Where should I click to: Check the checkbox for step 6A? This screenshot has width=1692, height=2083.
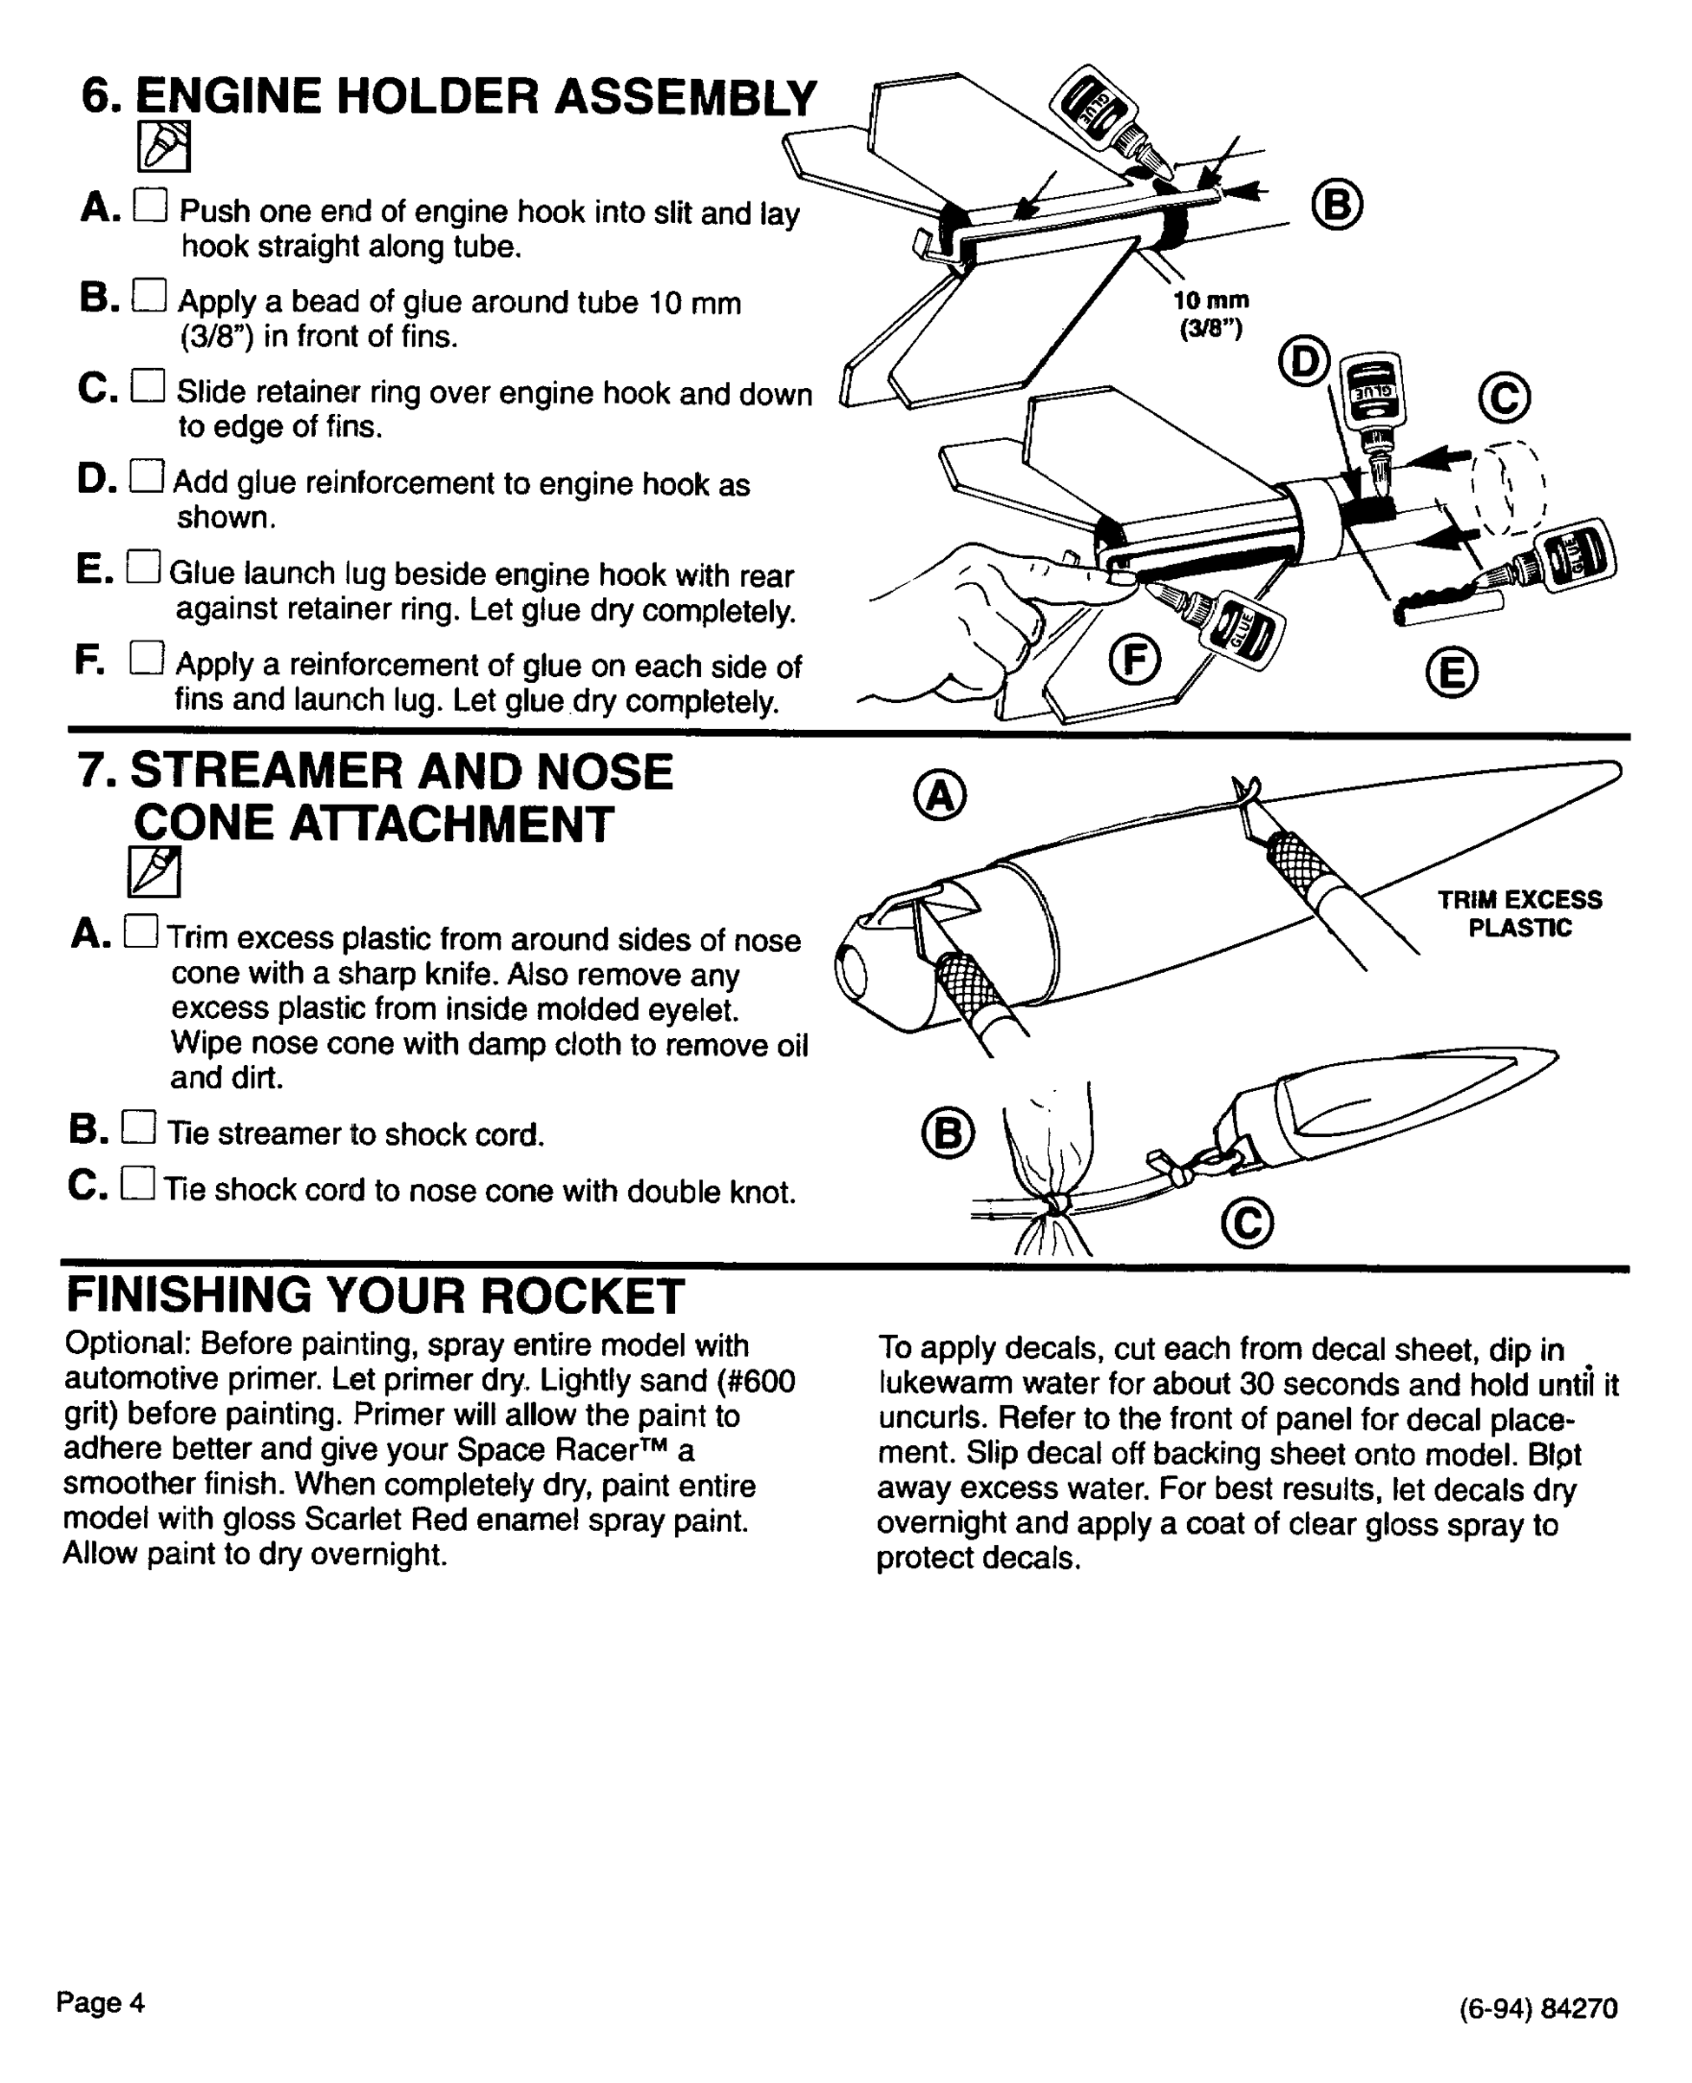[151, 205]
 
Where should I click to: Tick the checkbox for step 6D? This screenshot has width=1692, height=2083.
[148, 476]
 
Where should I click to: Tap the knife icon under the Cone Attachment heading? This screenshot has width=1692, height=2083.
[154, 871]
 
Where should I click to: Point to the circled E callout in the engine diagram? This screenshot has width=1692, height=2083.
[1453, 674]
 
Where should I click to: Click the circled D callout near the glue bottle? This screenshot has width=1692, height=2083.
[1304, 362]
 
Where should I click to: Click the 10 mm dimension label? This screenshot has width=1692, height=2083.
[1210, 301]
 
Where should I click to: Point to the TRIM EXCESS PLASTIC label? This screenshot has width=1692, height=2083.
[1519, 913]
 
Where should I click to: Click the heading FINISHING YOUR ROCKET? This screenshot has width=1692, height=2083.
[375, 1297]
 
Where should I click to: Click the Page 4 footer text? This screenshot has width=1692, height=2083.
[101, 2002]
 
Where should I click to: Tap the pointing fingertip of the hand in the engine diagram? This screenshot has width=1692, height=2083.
[1121, 578]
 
